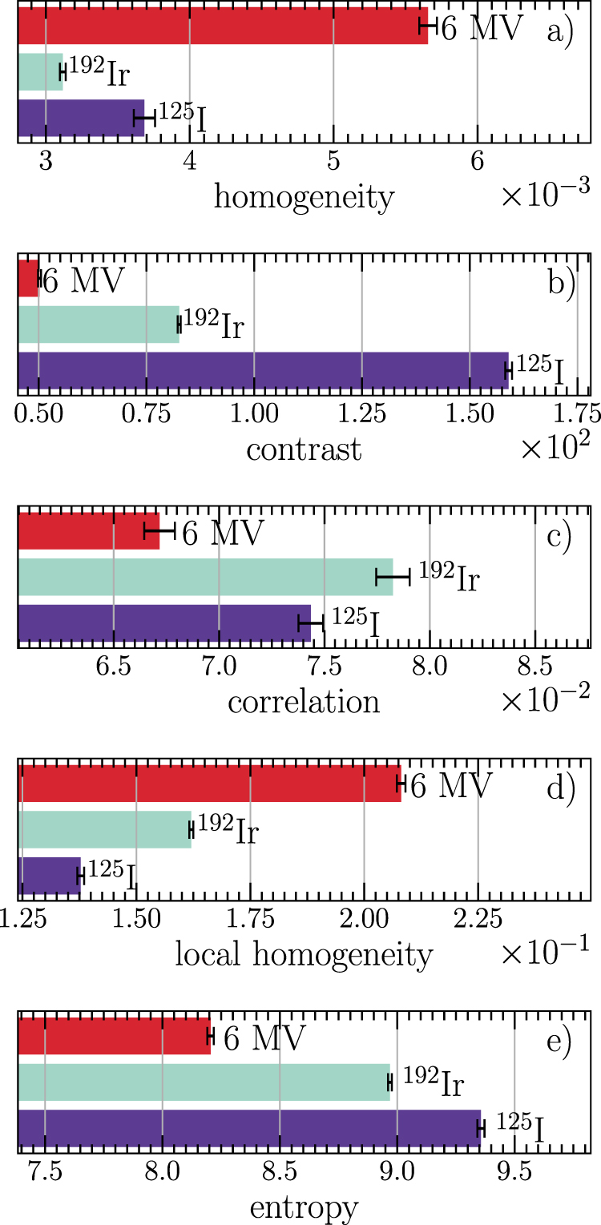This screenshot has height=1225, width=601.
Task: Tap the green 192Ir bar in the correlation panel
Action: coord(205,577)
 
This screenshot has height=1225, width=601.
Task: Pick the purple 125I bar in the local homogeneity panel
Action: coord(49,876)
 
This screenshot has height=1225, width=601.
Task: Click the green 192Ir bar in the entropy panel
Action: coord(204,1082)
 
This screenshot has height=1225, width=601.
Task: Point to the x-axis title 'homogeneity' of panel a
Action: coord(304,196)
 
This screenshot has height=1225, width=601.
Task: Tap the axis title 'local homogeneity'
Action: coord(304,955)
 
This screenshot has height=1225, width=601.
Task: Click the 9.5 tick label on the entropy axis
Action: coord(514,1174)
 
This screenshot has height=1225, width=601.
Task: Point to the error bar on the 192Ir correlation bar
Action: coord(393,577)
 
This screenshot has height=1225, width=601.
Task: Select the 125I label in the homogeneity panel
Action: coord(180,117)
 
